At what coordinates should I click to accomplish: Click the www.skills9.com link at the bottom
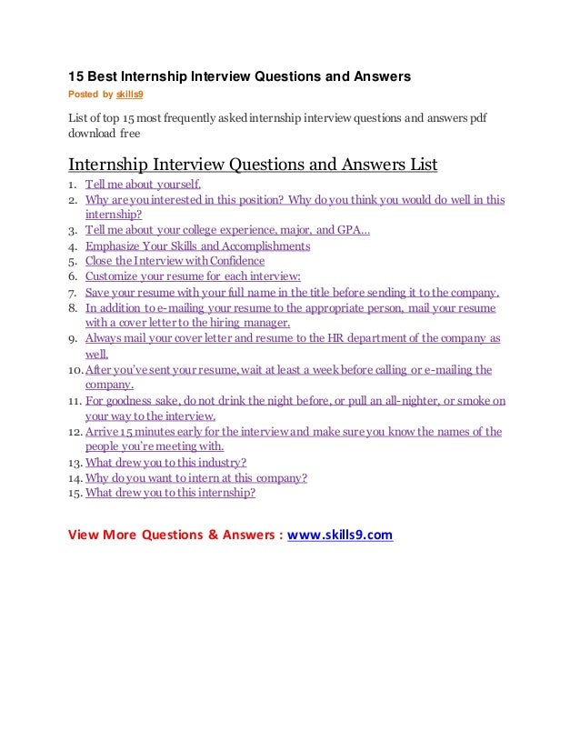340,535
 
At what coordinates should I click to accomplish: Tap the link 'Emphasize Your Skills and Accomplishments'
198,245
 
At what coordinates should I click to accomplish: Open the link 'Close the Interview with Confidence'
175,261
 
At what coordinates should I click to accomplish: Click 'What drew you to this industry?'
165,462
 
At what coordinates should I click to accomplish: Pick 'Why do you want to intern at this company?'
195,477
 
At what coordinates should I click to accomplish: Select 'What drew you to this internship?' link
170,493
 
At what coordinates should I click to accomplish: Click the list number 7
74,293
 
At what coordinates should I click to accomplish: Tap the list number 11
74,400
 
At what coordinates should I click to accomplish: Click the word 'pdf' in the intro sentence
477,118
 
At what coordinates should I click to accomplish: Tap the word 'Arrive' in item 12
103,432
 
